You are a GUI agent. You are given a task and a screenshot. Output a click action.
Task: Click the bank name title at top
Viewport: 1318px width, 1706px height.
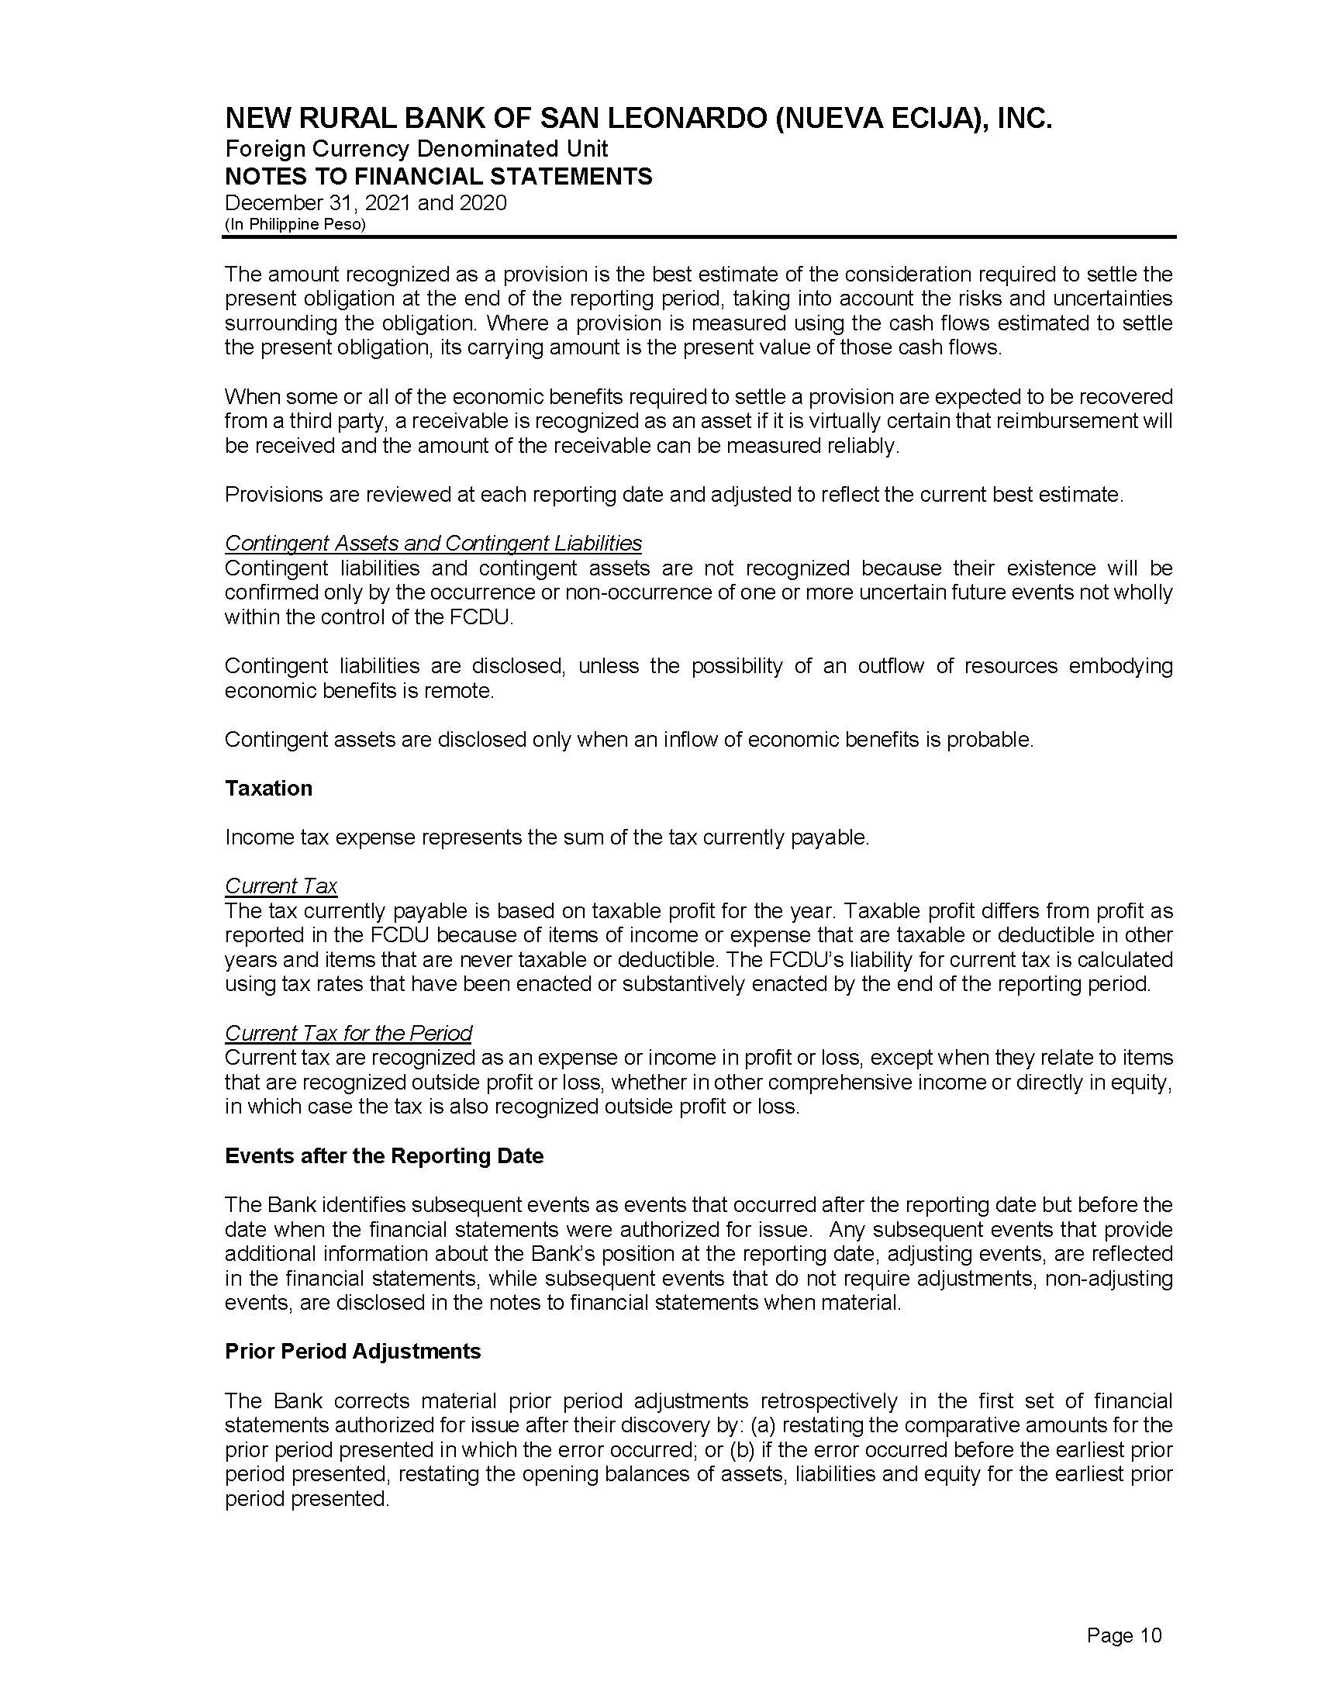(x=638, y=119)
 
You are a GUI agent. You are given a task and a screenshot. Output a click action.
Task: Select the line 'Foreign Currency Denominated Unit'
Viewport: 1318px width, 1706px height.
(x=416, y=148)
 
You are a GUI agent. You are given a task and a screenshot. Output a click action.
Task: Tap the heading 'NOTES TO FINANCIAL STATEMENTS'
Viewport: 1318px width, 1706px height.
(x=438, y=177)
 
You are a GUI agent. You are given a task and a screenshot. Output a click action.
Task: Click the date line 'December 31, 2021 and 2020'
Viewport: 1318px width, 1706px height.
(x=365, y=203)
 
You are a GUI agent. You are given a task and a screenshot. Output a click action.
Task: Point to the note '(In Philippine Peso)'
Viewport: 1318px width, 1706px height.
(x=295, y=224)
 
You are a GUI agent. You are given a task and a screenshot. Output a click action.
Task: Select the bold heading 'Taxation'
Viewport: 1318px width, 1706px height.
(x=268, y=788)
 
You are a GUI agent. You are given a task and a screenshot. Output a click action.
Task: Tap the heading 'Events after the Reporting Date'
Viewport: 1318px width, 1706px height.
(x=383, y=1156)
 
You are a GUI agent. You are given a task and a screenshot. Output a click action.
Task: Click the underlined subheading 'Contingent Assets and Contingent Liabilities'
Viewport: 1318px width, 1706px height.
(x=433, y=543)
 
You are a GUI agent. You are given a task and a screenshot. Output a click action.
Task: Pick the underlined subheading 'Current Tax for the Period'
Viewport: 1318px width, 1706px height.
(x=348, y=1033)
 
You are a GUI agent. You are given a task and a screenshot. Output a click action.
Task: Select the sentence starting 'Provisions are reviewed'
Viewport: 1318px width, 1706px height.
(x=674, y=495)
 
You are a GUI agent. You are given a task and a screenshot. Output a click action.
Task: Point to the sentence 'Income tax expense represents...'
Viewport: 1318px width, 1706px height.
(x=547, y=837)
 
